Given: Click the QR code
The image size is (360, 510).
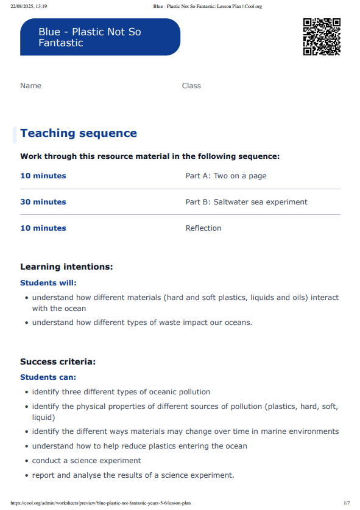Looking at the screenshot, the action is click(322, 37).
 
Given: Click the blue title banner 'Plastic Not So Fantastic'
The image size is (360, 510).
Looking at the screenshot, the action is click(100, 37).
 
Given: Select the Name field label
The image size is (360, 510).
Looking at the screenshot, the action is click(30, 86).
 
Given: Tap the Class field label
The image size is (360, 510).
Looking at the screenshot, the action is click(191, 86).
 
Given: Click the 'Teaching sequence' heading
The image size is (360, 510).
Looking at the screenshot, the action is click(79, 133).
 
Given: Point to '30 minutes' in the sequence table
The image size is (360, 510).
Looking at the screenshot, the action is click(43, 202).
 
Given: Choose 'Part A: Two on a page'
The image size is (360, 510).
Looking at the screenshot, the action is click(226, 176).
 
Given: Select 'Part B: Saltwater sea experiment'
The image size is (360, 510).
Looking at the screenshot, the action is click(246, 202).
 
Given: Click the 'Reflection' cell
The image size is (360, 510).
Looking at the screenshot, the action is click(203, 228).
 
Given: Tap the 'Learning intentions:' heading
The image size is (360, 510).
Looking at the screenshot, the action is click(66, 267).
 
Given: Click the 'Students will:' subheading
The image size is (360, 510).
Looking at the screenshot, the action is click(48, 282).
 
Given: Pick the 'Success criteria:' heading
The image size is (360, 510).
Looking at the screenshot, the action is click(58, 362).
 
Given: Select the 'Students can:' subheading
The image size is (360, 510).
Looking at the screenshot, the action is click(48, 377).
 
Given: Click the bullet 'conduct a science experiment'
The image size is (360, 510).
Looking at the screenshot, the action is click(86, 461).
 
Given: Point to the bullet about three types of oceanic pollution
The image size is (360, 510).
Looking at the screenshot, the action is click(121, 392).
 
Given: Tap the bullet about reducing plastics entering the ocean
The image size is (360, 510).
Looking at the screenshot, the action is click(139, 446).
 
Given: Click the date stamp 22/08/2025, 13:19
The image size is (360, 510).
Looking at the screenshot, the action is click(29, 6).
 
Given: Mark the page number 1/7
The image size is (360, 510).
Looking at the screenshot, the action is click(347, 503).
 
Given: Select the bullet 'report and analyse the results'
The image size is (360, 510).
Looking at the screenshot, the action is click(133, 475).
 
